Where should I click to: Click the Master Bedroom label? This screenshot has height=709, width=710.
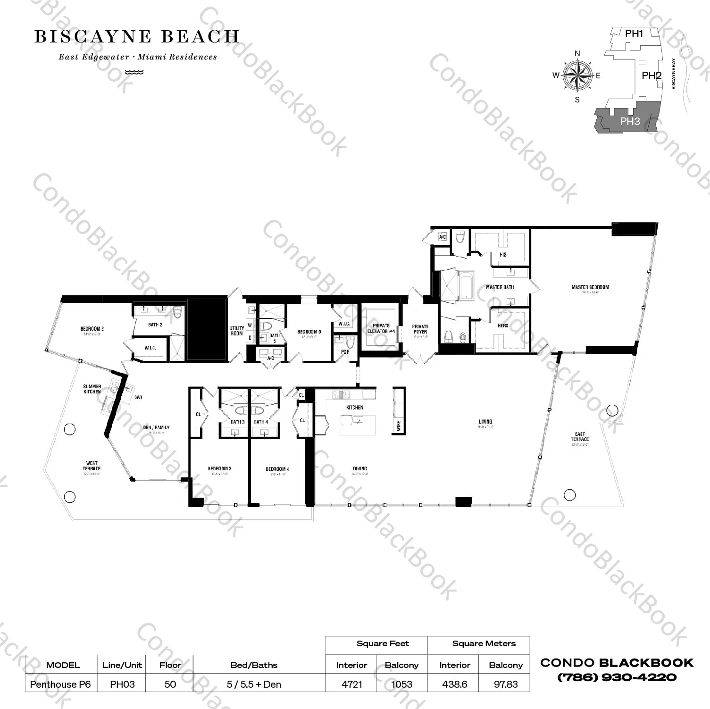pos(590,287)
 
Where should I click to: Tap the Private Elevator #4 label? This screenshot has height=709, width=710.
pos(381,328)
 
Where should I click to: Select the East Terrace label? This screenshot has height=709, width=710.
pos(580,437)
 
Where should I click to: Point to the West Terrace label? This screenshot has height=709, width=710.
pos(92,466)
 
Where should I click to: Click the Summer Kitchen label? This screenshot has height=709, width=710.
pos(92,389)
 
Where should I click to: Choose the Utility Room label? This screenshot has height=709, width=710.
pos(237,331)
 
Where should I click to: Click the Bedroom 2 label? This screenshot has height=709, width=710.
pos(92,329)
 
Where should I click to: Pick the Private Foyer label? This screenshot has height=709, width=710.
pos(420,329)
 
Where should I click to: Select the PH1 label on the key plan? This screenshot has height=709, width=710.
pos(634,34)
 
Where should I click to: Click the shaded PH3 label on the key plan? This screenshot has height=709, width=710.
pos(629,121)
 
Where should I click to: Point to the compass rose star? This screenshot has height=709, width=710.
pos(577,75)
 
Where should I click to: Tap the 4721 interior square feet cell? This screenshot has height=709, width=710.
pos(351,684)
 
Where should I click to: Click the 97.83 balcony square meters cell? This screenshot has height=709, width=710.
pos(505,684)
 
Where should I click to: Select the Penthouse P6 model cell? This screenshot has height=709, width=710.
pos(60,684)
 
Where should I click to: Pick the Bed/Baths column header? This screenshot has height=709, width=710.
pos(254,665)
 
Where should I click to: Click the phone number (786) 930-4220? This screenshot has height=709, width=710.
pos(617,677)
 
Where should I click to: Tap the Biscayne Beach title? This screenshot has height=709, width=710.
pos(137,37)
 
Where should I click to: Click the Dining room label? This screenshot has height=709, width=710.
pos(359,469)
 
